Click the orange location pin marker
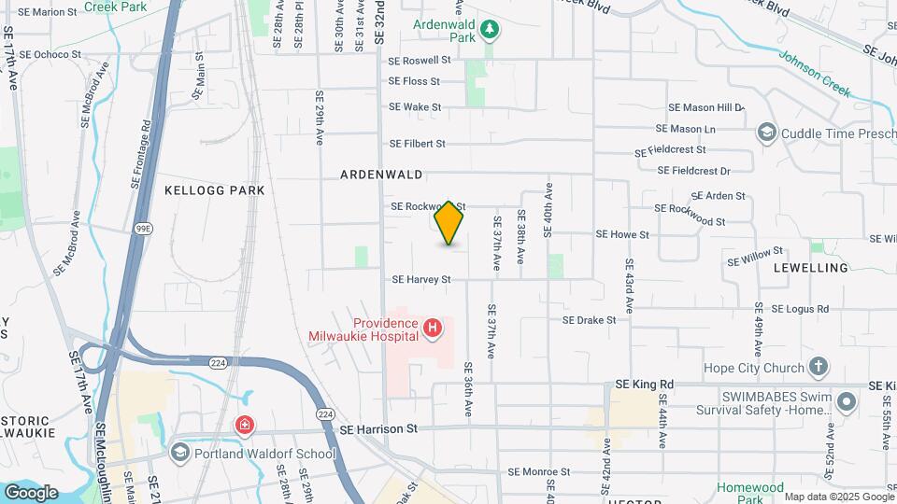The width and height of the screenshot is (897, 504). pos(449,223)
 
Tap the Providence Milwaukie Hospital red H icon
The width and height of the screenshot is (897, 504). pos(432,328)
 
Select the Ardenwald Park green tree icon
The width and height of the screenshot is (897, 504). pos(489,31)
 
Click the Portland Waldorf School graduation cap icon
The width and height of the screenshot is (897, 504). pos(179,453)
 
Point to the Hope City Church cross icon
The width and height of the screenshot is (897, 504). pos(819,367)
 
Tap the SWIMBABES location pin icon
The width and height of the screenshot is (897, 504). pos(847,403)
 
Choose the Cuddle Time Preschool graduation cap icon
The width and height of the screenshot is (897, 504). pos(767,133)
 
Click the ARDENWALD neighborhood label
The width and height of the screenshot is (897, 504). pos(381,175)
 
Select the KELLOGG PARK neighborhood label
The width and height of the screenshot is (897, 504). pos(215,190)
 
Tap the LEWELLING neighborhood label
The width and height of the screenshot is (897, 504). pos(811,268)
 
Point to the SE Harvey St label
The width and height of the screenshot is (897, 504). pos(421,279)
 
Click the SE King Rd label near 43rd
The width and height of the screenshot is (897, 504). pos(645,384)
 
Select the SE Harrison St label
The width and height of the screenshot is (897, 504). pos(377,429)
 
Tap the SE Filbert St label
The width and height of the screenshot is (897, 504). pos(418,144)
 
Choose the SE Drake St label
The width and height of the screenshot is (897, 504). pos(589,319)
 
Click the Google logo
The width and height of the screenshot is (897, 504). pos(31,492)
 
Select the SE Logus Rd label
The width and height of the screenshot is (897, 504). pos(800,309)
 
